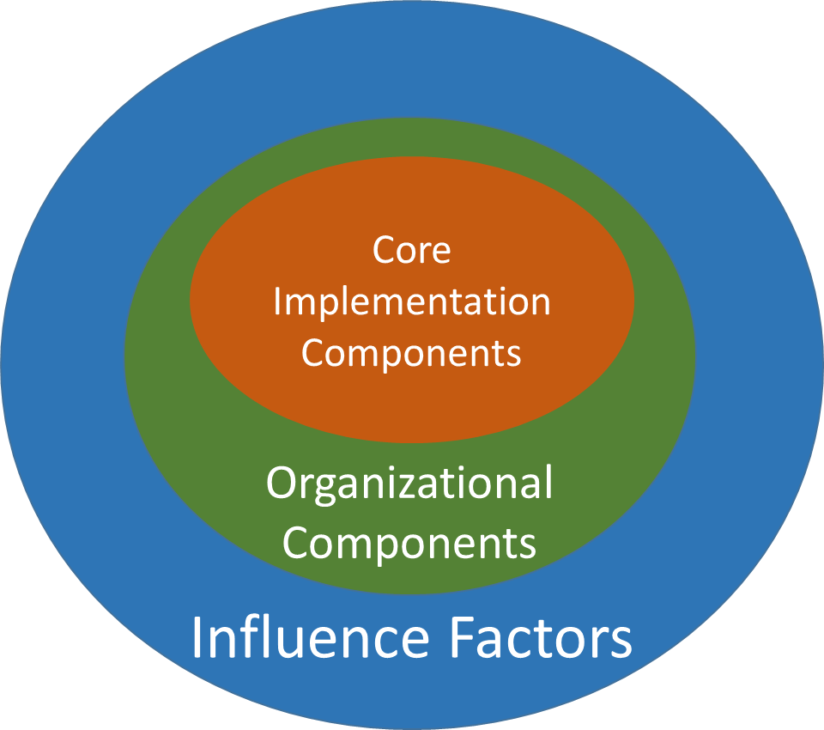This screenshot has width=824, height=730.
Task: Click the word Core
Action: coord(411,251)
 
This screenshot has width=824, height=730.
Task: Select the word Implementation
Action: coord(412,302)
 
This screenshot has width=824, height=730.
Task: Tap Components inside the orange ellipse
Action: coord(411,354)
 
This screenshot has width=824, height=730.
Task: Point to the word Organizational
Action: coord(409,484)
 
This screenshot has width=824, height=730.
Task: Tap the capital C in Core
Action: coord(384,251)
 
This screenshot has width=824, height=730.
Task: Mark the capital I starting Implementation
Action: coord(277,301)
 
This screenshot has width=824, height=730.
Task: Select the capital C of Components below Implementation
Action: coord(312,354)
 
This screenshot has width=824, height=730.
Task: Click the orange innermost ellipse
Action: coord(412,395)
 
